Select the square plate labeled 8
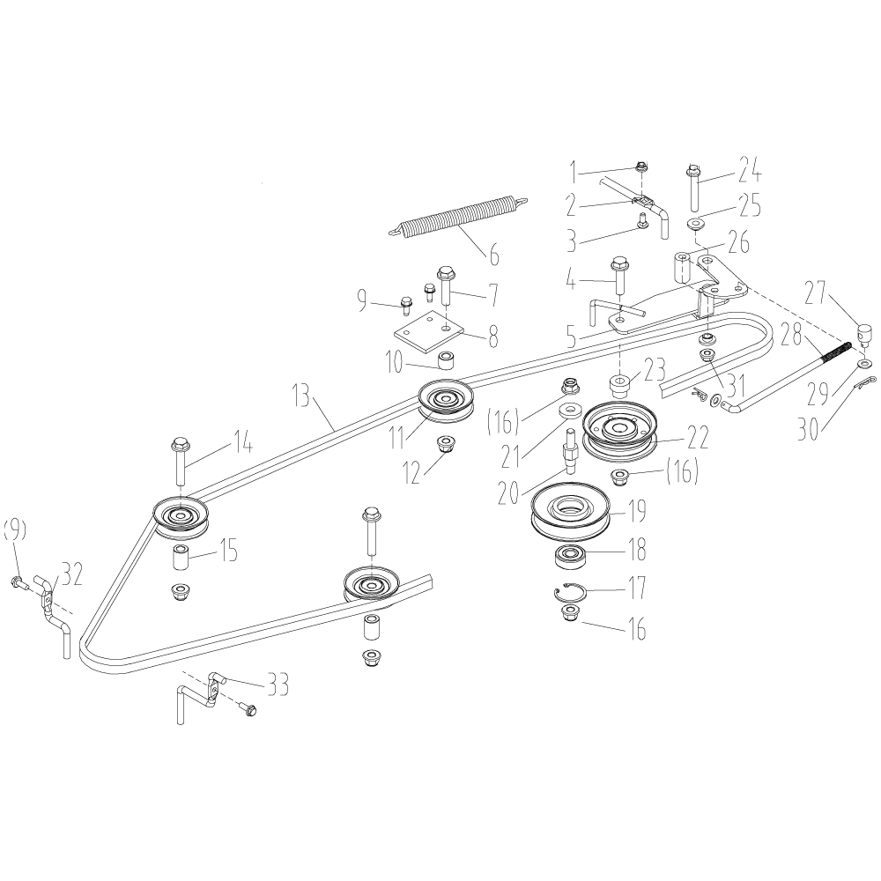[428, 333]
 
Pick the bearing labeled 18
[570, 557]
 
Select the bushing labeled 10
[448, 359]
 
